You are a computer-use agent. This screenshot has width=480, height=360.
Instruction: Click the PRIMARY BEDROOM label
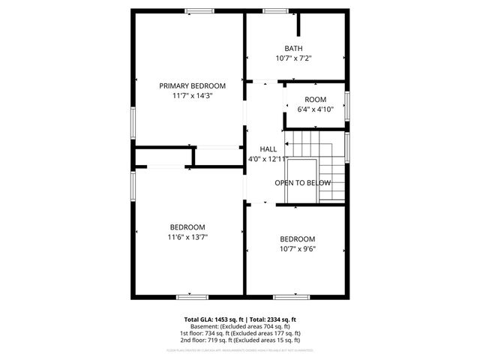[x=192, y=86]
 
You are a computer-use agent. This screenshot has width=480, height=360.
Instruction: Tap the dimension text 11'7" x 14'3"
[x=192, y=96]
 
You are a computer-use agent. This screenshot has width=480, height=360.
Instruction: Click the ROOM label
[x=315, y=100]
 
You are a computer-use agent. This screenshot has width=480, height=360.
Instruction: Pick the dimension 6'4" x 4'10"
[x=315, y=109]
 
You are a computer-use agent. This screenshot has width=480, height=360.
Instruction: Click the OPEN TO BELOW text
[x=302, y=183]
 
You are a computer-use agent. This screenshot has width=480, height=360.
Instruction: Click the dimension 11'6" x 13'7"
[x=187, y=237]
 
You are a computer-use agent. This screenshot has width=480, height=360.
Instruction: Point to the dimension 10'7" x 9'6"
[x=298, y=249]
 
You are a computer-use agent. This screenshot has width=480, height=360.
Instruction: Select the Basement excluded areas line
[x=240, y=327]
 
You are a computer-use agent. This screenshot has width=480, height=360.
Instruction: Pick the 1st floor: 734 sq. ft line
[x=240, y=334]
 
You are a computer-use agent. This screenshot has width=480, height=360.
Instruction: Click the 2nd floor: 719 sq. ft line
[x=240, y=340]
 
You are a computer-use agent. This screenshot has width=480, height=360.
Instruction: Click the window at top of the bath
[x=274, y=10]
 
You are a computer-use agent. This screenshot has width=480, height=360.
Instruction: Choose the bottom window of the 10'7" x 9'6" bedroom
[x=291, y=297]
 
